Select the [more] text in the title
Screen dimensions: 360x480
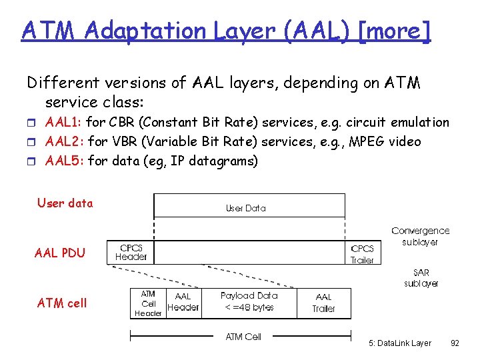point(395,31)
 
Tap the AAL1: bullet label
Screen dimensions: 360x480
point(63,123)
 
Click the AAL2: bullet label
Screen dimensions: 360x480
point(65,141)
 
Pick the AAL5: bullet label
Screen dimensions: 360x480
point(65,161)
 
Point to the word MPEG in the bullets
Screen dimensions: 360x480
point(367,141)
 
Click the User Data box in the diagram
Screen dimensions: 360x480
point(249,206)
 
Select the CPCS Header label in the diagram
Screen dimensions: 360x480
point(131,252)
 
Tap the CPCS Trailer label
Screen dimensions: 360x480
point(362,254)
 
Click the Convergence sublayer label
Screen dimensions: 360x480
point(420,236)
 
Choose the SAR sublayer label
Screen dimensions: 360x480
point(421,278)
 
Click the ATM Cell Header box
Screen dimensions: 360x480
point(148,303)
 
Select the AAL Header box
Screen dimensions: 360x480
point(182,302)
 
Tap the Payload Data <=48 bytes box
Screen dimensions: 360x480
point(248,301)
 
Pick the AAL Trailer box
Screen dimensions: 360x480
point(323,303)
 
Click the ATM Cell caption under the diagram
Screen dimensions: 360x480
point(243,337)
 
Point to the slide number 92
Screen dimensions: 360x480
point(455,343)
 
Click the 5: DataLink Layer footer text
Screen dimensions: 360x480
point(399,343)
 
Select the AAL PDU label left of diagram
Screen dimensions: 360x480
point(60,253)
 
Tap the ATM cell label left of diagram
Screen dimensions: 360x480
point(62,303)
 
